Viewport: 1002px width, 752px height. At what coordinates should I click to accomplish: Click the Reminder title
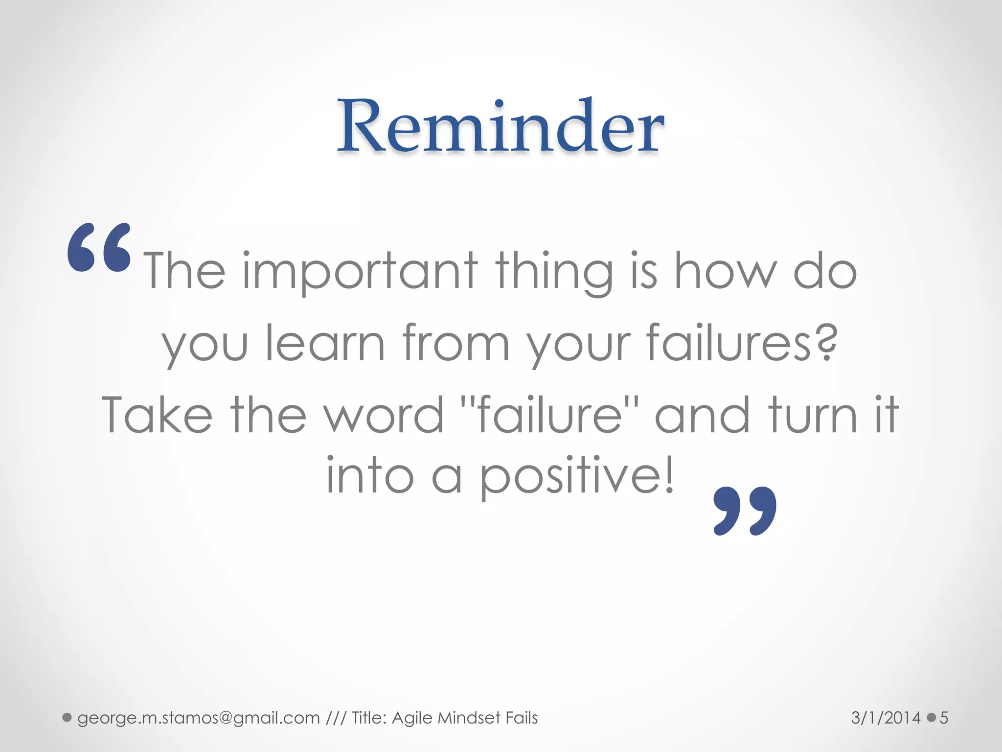(x=500, y=126)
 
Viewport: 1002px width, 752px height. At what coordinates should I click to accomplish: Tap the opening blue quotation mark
(x=99, y=247)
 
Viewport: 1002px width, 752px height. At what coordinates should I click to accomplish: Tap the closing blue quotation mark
(x=745, y=511)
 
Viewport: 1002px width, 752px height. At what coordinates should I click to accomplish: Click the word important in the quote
(x=360, y=272)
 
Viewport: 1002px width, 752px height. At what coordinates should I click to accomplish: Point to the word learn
(x=325, y=343)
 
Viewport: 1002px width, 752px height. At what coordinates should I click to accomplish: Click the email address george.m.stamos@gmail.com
(x=198, y=718)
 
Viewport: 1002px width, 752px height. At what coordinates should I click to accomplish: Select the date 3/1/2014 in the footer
(x=886, y=718)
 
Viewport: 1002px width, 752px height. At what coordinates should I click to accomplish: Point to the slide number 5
(x=944, y=718)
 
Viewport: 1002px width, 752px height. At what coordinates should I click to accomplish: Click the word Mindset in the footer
(x=469, y=718)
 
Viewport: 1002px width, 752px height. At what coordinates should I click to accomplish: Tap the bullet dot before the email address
(x=67, y=718)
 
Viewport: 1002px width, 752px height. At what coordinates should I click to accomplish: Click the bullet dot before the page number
(x=931, y=718)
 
